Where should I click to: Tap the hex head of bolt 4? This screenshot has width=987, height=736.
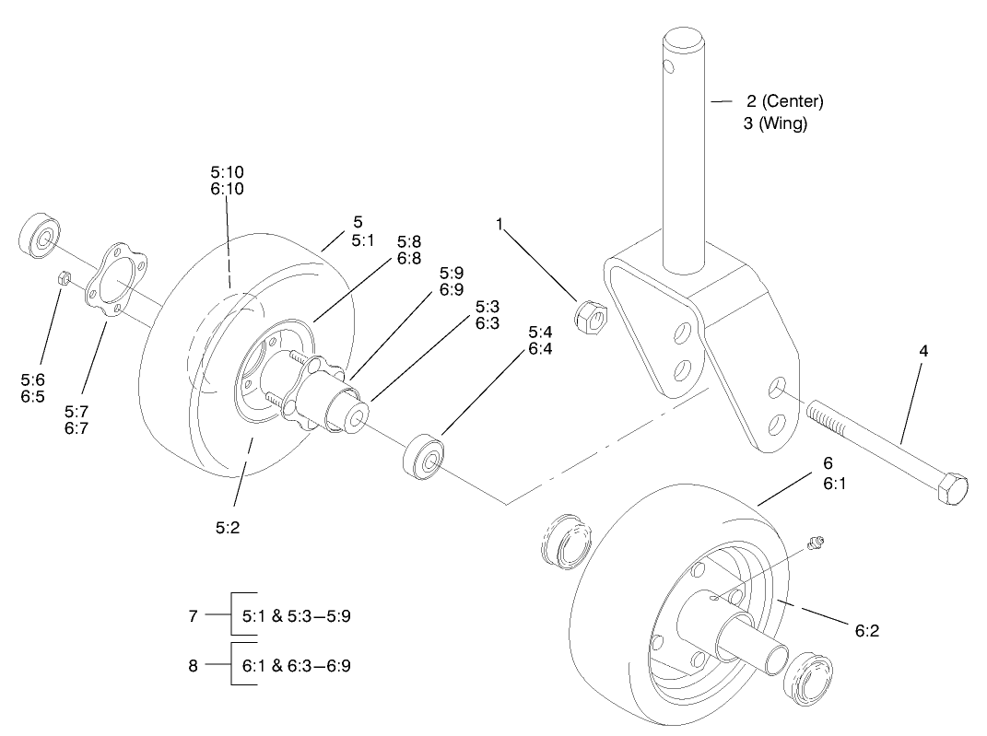click(951, 487)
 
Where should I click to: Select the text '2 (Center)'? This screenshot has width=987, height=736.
click(784, 100)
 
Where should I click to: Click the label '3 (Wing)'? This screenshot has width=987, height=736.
click(775, 124)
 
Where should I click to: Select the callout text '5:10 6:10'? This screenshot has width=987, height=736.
click(227, 181)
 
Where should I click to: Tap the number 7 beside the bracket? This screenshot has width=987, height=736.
click(193, 616)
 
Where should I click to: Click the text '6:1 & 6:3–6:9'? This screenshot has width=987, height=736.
click(296, 665)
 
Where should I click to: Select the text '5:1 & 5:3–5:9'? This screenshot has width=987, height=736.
click(296, 616)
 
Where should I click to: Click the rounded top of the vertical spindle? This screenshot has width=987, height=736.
click(685, 39)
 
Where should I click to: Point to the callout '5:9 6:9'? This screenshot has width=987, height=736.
click(452, 281)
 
